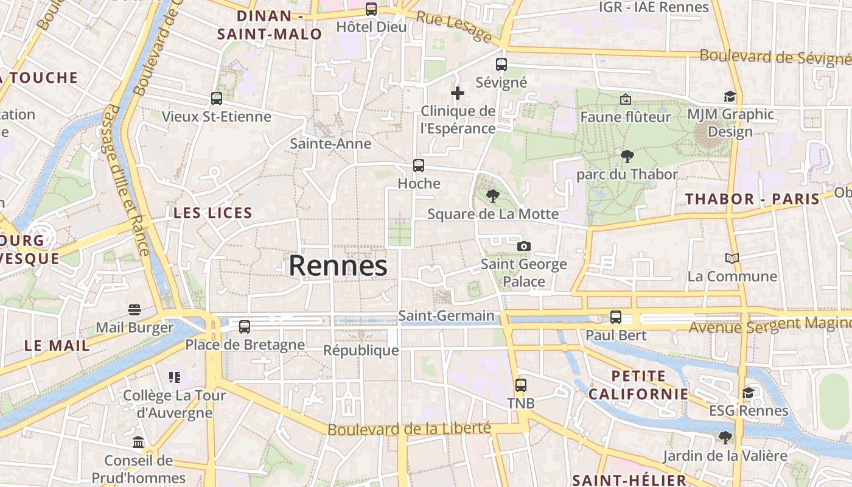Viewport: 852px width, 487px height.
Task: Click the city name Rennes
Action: tap(338, 266)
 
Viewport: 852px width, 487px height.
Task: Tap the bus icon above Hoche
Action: tap(419, 165)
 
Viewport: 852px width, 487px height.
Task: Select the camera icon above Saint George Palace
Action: tap(523, 246)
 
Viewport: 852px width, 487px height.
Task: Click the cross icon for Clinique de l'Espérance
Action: tap(458, 93)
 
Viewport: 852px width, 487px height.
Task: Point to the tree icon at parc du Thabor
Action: tap(627, 156)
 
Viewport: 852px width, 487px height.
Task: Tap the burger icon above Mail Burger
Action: tap(134, 310)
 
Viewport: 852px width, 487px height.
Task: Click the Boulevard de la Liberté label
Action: tap(409, 429)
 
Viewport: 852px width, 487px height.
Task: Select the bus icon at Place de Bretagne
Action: tap(245, 327)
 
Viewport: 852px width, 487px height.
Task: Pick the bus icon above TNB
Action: tap(520, 385)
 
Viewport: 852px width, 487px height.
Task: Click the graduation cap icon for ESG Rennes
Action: tap(748, 393)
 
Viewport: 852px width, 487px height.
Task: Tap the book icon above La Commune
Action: tap(732, 259)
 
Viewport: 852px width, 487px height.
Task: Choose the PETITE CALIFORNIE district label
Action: tap(638, 385)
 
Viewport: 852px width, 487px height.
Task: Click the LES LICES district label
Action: tap(213, 213)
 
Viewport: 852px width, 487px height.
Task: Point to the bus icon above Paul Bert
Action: tap(616, 317)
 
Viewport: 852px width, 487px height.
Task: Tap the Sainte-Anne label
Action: tap(330, 144)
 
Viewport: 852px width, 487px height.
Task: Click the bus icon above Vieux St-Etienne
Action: tap(216, 98)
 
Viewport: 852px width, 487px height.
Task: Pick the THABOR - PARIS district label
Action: tap(753, 199)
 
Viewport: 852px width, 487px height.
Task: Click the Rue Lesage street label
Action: tap(453, 26)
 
